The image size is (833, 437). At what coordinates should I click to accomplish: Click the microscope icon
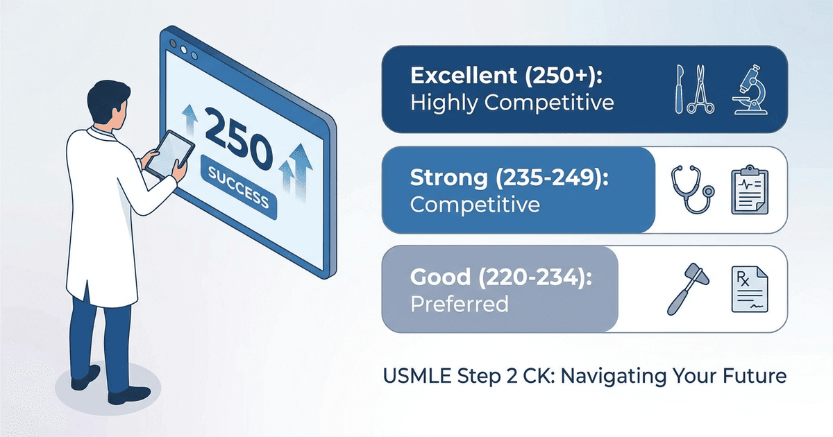click(750, 89)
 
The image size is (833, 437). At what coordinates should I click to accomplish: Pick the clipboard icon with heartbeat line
click(751, 189)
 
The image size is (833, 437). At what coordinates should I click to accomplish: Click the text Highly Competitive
click(512, 103)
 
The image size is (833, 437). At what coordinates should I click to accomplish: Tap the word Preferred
click(459, 304)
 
